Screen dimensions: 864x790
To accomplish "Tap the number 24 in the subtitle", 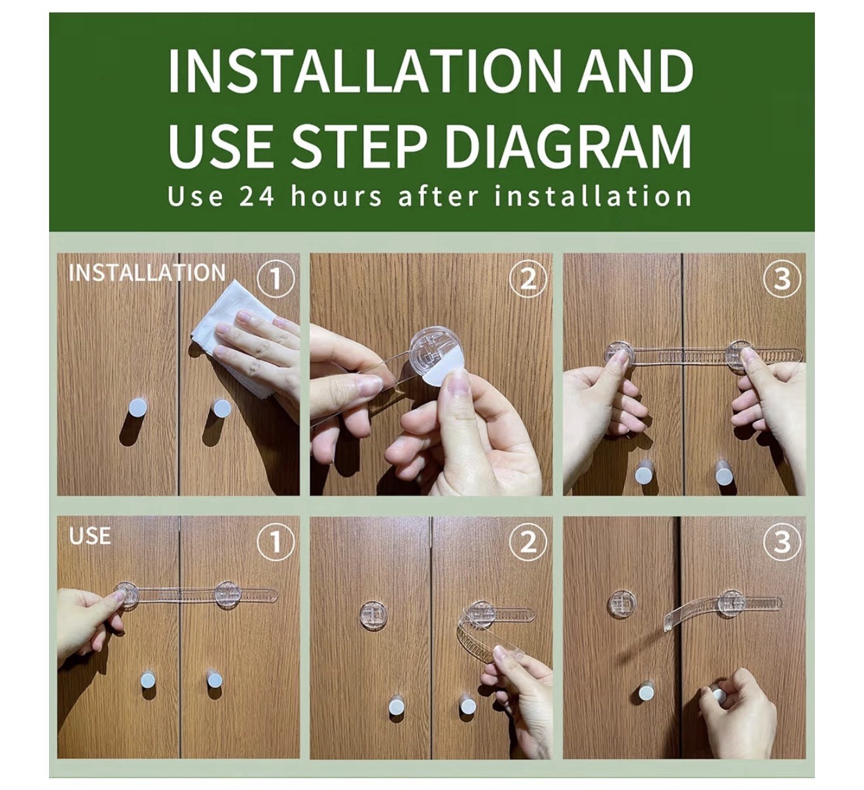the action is tap(257, 196).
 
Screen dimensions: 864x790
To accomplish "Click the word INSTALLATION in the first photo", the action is tap(147, 273).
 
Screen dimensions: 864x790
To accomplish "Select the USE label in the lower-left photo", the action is tap(90, 536).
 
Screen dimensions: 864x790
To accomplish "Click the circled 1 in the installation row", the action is tap(276, 279).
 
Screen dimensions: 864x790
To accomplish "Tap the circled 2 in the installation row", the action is tap(528, 279).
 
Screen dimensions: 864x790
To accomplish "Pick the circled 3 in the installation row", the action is tap(782, 279).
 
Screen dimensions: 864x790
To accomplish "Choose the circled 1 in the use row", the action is tap(276, 541).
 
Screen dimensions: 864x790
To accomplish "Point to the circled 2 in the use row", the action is tap(528, 541).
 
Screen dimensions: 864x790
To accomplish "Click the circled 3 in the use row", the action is tap(782, 541).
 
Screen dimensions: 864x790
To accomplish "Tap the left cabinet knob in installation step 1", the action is tap(138, 407).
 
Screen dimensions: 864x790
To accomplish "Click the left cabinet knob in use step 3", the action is tap(646, 692).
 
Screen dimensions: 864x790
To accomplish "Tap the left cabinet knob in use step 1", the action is tap(148, 680).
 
